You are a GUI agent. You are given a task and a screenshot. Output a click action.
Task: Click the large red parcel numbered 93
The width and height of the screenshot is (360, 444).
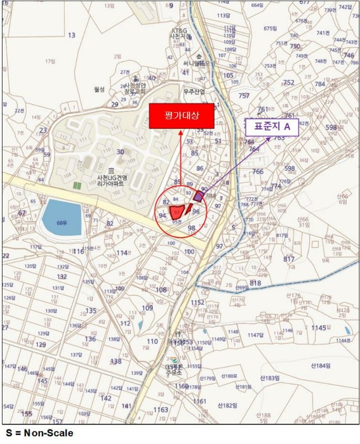coord(180,212)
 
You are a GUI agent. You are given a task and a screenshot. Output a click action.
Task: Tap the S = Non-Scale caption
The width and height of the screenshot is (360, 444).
coord(37,433)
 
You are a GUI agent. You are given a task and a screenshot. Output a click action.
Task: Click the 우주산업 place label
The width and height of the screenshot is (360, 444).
coord(194,91)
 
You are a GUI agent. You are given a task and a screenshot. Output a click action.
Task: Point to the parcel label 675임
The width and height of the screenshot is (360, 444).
coord(270,29)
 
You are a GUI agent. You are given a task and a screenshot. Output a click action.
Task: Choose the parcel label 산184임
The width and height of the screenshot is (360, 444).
coord(321,366)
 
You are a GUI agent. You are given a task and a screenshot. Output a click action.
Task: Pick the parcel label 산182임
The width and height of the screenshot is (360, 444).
coord(227,405)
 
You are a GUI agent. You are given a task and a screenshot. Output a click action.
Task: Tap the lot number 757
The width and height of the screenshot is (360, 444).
coord(244,96)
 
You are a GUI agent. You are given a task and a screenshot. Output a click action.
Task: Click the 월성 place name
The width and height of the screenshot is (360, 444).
coord(98,89)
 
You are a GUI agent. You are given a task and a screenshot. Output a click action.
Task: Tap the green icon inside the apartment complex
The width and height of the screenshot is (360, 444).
coord(77,185)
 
